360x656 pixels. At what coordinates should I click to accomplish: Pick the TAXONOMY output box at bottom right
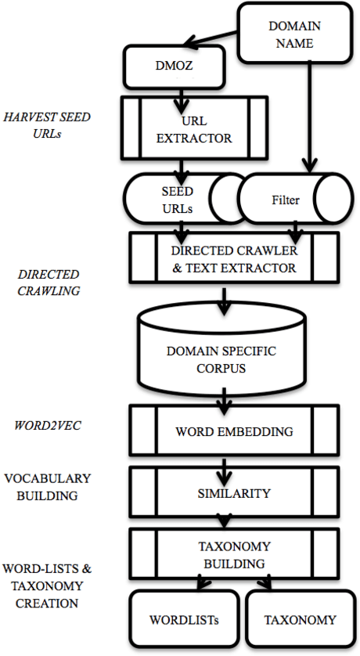coord(300,620)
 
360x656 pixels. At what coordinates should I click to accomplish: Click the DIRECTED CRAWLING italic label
coord(49,282)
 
